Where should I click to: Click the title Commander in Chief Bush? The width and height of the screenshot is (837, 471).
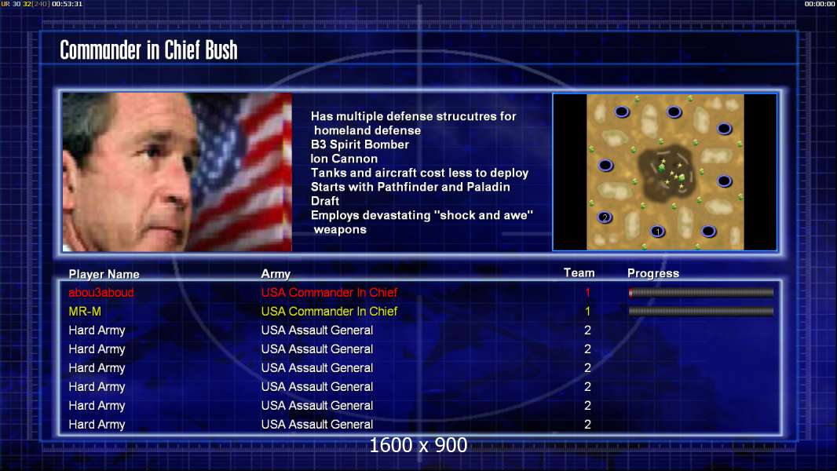(x=148, y=50)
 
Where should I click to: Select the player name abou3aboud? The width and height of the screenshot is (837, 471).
(x=101, y=292)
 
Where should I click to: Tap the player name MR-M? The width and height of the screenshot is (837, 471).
(x=85, y=311)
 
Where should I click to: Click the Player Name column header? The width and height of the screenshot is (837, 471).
(x=104, y=274)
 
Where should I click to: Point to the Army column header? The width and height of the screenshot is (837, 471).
(x=276, y=274)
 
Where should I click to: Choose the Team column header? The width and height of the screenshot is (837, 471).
(x=579, y=272)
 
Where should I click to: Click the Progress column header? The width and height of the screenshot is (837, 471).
(x=653, y=273)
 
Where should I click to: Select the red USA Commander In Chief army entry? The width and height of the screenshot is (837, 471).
(x=329, y=292)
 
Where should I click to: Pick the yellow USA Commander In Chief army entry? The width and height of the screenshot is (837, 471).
(x=329, y=311)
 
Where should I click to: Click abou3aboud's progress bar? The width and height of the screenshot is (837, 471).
(x=701, y=292)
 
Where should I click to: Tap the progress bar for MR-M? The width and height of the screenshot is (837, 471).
(x=701, y=311)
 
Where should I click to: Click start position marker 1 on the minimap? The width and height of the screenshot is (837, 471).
(x=658, y=231)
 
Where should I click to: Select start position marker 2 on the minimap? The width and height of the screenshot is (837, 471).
(x=605, y=217)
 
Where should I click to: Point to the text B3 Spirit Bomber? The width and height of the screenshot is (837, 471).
(x=360, y=144)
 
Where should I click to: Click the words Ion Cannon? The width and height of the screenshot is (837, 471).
(x=345, y=159)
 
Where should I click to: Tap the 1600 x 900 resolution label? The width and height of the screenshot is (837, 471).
(x=418, y=445)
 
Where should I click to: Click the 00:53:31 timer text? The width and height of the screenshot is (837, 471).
(x=68, y=4)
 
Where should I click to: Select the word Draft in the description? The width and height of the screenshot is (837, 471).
(x=324, y=201)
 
